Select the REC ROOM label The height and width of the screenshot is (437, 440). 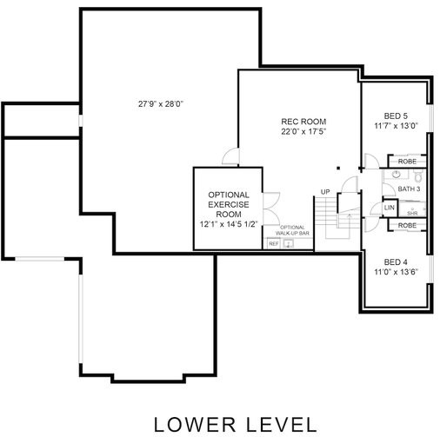click(303, 121)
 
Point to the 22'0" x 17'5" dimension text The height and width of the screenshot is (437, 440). click(303, 132)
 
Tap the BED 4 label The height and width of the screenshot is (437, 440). click(396, 262)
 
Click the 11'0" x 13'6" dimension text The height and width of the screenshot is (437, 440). click(396, 273)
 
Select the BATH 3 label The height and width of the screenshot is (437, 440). click(409, 189)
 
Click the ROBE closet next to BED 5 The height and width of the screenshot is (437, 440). click(407, 162)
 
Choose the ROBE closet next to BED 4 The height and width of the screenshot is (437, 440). click(407, 225)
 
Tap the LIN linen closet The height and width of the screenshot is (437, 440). click(390, 209)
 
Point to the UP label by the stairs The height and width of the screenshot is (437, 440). click(324, 191)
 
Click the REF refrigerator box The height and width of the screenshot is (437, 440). click(273, 244)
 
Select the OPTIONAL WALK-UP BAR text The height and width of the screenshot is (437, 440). click(291, 230)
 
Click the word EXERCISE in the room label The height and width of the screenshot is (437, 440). click(229, 203)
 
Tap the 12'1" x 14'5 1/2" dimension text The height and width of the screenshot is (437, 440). click(229, 224)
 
